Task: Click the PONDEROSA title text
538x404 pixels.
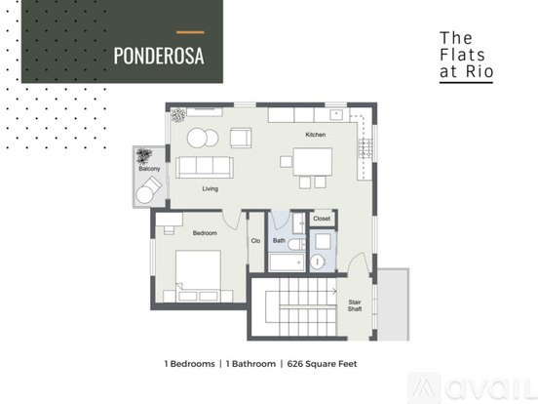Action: click(x=159, y=56)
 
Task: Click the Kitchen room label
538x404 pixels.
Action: click(x=316, y=135)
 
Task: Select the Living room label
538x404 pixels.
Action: click(x=210, y=188)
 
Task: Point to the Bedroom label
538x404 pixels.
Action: click(x=205, y=233)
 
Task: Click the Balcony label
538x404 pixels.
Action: click(x=149, y=169)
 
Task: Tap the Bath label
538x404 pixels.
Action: click(x=279, y=240)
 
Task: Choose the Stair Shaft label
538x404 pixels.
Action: click(x=355, y=305)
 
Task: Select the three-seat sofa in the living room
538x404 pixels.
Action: click(x=205, y=167)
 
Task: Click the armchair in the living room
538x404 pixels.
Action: click(x=241, y=138)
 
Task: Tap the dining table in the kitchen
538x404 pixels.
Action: click(x=313, y=162)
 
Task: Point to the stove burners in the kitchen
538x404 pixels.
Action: click(x=365, y=148)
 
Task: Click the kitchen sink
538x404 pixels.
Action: click(x=336, y=114)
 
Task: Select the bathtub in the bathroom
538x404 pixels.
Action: click(x=287, y=263)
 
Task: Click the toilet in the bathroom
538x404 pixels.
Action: click(x=296, y=244)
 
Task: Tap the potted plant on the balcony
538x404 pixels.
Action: click(x=143, y=155)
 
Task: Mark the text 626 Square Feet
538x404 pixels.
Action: click(x=323, y=364)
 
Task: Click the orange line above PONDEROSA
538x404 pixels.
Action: click(x=190, y=32)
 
